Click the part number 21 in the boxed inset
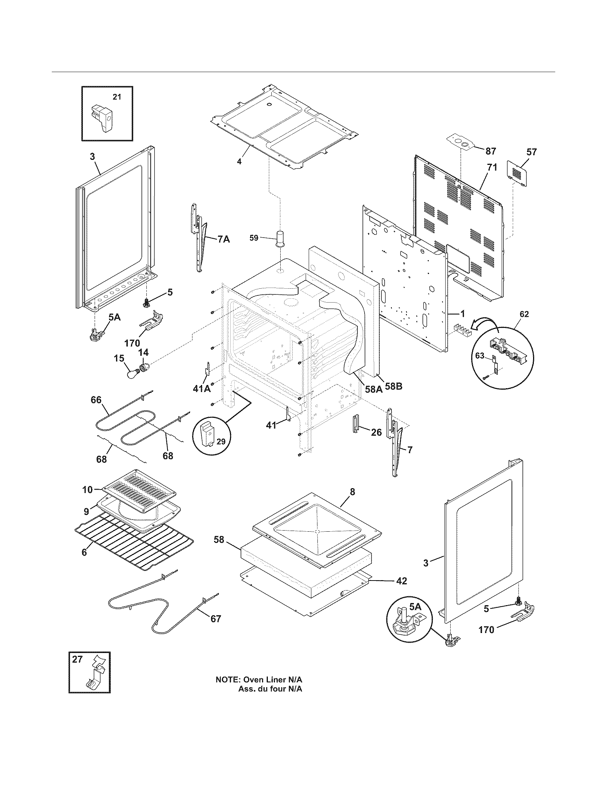coord(116,97)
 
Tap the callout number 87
coord(491,151)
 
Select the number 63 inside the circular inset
coord(480,355)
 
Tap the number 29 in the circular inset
coord(221,441)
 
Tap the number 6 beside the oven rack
coord(84,552)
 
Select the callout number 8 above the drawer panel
coord(352,492)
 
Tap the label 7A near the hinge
coord(223,239)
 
